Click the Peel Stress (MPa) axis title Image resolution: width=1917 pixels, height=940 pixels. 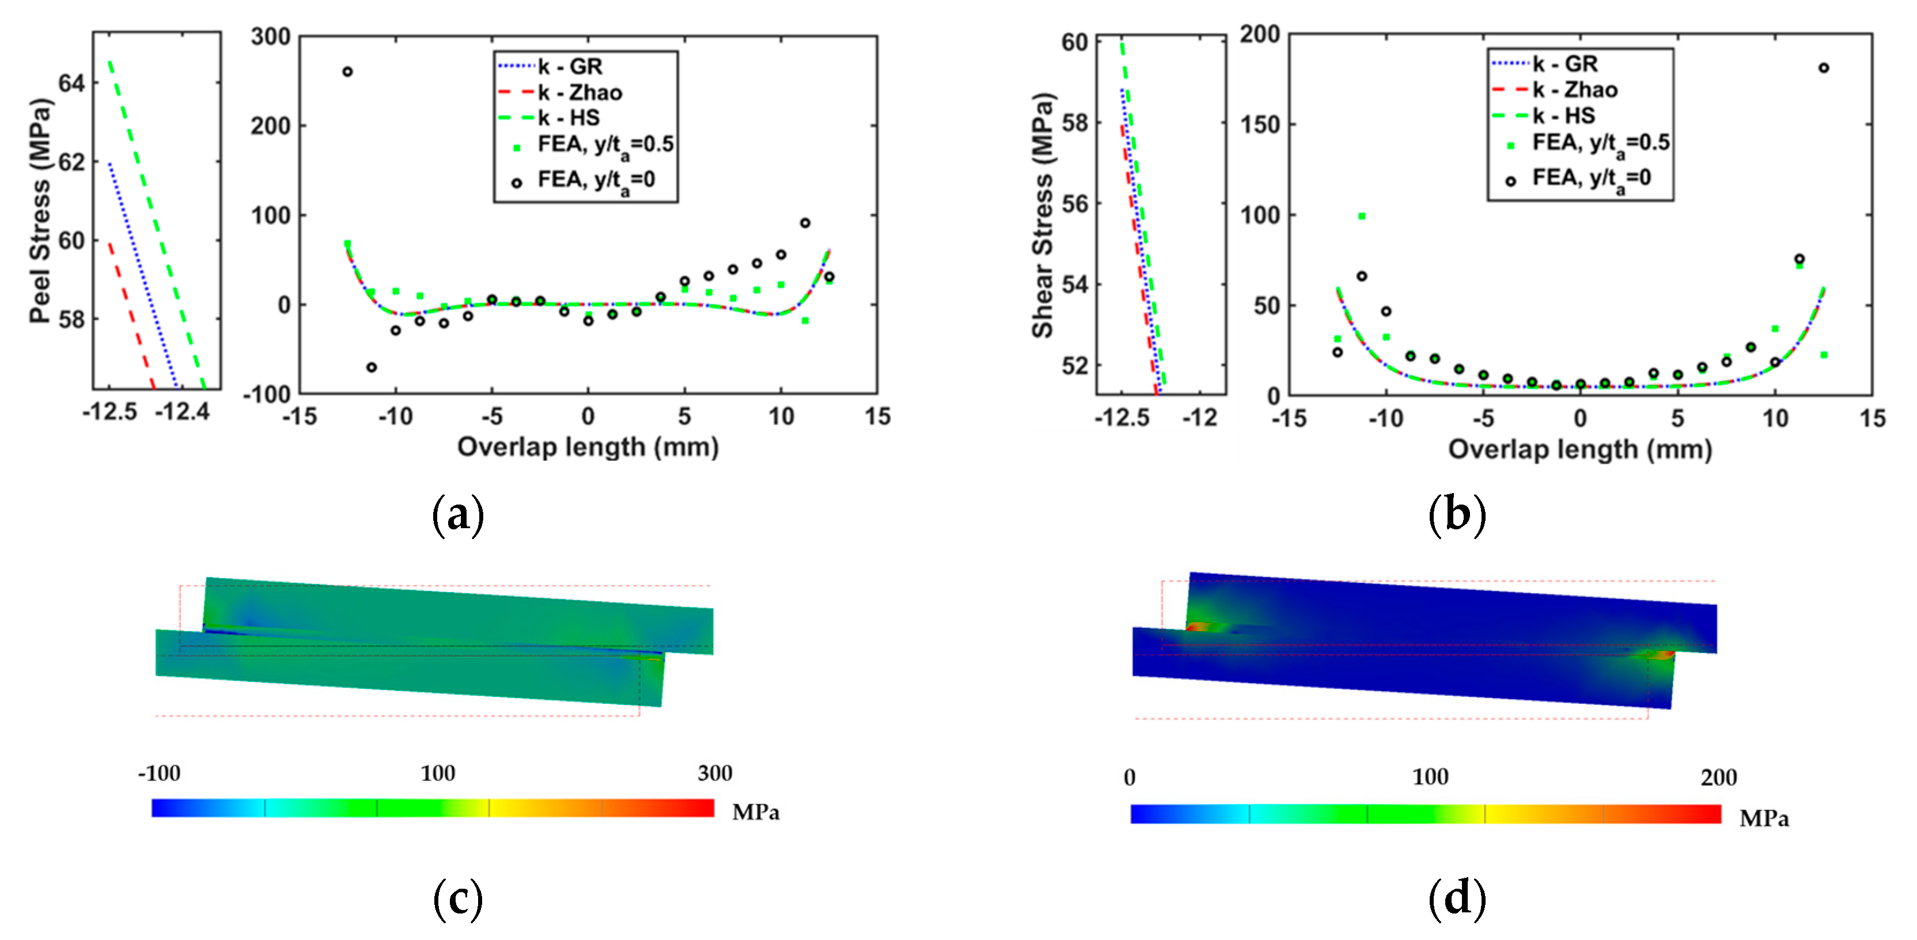(x=41, y=211)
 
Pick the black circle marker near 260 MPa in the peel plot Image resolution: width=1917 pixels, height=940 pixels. (x=347, y=71)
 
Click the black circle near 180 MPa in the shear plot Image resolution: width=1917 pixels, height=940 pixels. (x=1823, y=68)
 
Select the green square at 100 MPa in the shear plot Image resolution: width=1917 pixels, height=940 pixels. (x=1362, y=216)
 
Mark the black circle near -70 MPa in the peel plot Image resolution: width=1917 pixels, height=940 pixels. (x=372, y=367)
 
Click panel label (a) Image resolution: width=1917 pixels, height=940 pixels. (x=458, y=514)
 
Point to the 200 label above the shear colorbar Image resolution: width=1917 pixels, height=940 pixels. (x=1718, y=777)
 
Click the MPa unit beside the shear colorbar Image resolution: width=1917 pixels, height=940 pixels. (x=1764, y=818)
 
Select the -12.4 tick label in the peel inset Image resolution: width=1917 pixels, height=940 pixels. (x=183, y=410)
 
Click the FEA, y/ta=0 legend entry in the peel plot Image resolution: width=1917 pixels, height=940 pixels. (x=584, y=181)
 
